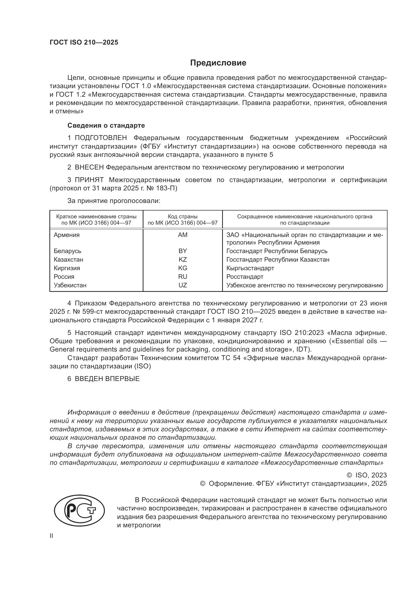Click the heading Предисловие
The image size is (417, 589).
(218, 63)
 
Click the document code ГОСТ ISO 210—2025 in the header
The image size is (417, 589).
(84, 43)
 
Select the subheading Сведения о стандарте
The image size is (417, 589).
(106, 125)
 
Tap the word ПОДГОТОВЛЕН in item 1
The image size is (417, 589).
(101, 138)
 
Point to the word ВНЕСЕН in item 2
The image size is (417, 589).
(89, 167)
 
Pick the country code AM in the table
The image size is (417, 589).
(183, 235)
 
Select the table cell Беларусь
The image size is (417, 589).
(67, 251)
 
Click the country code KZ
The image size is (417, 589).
(183, 259)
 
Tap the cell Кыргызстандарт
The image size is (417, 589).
(250, 268)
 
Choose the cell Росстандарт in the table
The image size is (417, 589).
(245, 276)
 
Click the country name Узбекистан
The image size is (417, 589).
(70, 285)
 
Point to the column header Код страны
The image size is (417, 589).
(183, 217)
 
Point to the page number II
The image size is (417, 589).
(51, 536)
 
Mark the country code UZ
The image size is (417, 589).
(183, 285)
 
